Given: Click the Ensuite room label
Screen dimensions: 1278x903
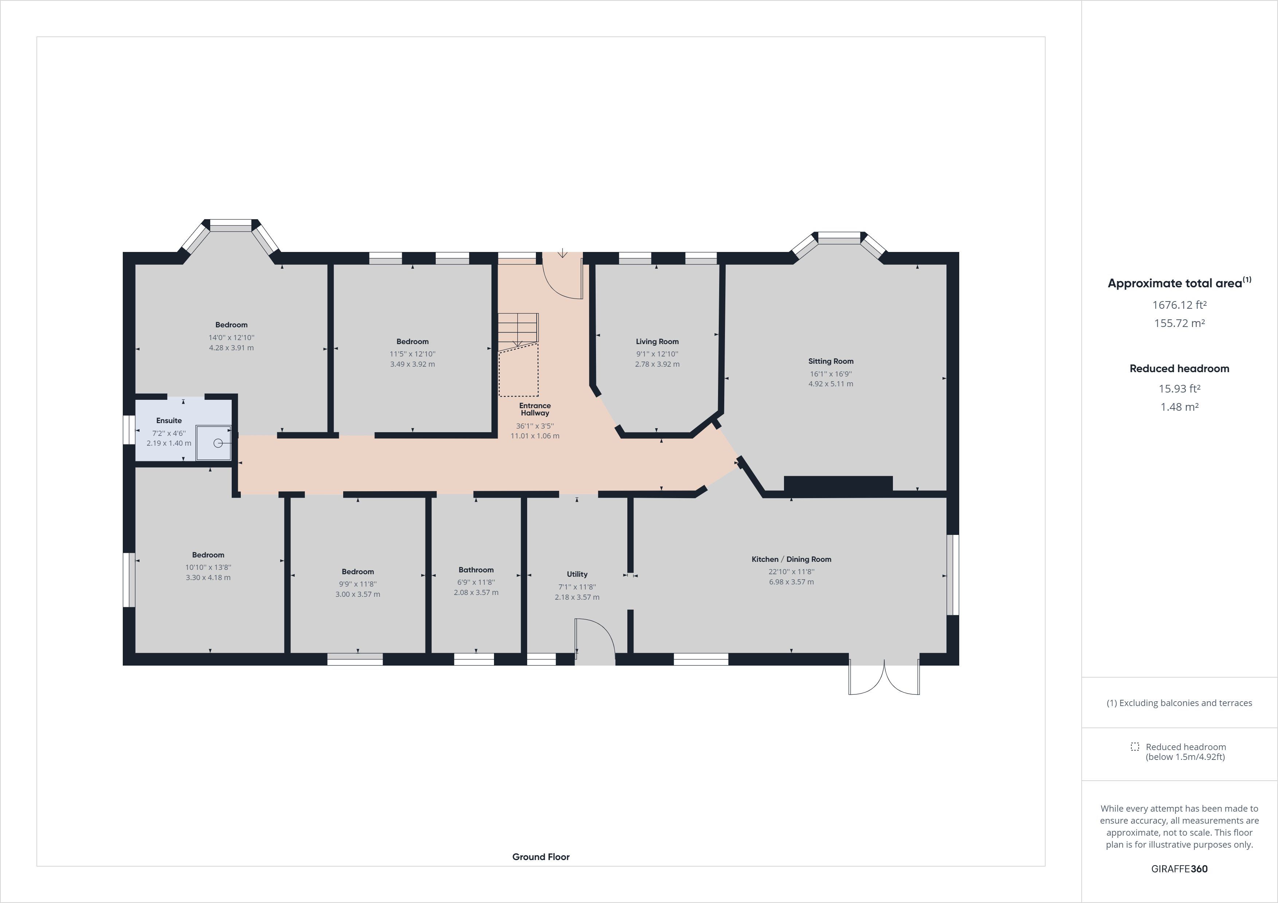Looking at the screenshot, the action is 169,421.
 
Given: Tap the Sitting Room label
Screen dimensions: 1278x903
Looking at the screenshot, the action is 831,361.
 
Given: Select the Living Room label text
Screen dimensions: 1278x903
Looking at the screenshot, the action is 657,342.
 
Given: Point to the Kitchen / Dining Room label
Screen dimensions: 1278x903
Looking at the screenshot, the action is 791,559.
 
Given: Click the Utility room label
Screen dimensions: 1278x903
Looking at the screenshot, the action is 577,574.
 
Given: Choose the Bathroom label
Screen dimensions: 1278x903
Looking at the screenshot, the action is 476,570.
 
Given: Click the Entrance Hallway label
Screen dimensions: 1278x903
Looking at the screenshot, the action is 535,410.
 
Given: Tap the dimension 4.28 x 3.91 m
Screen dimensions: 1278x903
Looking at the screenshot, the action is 231,348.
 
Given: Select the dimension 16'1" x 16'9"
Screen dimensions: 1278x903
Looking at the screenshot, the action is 831,374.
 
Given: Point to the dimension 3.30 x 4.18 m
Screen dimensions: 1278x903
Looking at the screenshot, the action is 208,577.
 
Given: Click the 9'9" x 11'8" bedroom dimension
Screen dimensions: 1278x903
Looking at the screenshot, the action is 358,584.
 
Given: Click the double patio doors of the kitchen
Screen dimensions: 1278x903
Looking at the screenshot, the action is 884,678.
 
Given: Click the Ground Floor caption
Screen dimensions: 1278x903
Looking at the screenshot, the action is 541,857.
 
